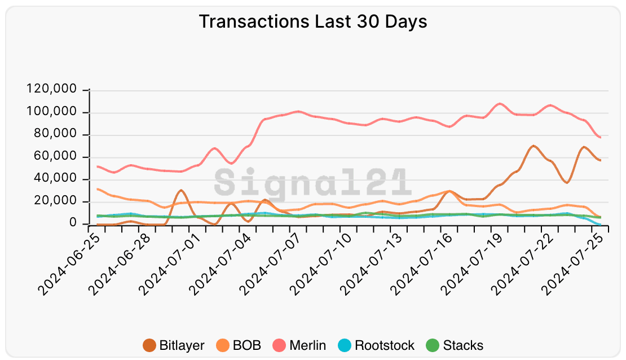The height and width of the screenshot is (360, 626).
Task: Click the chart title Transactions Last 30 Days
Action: (x=313, y=22)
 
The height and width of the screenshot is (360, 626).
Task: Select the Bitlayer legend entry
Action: (x=174, y=345)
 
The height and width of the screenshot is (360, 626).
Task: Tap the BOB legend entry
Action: (x=239, y=345)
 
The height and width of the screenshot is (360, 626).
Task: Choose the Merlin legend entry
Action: (x=299, y=345)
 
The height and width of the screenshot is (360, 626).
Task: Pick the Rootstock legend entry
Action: (x=377, y=345)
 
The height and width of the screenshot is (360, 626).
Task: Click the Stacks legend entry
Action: (x=455, y=345)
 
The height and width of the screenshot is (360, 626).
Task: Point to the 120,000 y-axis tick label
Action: (x=55, y=90)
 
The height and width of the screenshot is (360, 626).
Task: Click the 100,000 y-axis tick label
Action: (x=55, y=113)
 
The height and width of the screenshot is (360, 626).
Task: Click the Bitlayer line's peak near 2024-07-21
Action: (x=534, y=146)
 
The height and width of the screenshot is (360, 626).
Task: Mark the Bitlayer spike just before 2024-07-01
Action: (x=180, y=190)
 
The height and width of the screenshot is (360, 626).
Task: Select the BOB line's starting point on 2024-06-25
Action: (x=98, y=189)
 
